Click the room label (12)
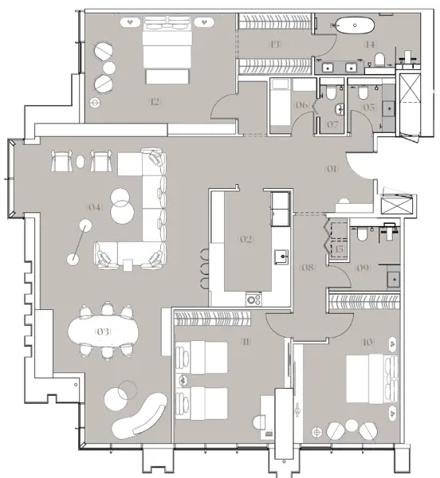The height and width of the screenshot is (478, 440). [x=155, y=101]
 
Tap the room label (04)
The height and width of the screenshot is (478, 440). [x=95, y=207]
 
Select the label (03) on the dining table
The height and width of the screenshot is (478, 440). [x=102, y=331]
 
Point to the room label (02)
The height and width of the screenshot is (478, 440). [x=246, y=238]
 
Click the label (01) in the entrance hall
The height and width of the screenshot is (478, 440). [x=332, y=168]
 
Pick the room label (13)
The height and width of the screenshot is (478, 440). [x=276, y=45]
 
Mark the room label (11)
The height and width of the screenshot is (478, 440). [x=246, y=342]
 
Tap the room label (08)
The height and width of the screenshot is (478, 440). [x=308, y=268]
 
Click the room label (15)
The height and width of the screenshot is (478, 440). [x=339, y=250]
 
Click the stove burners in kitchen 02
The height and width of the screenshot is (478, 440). [x=254, y=299]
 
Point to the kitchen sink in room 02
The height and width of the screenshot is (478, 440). [x=281, y=255]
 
